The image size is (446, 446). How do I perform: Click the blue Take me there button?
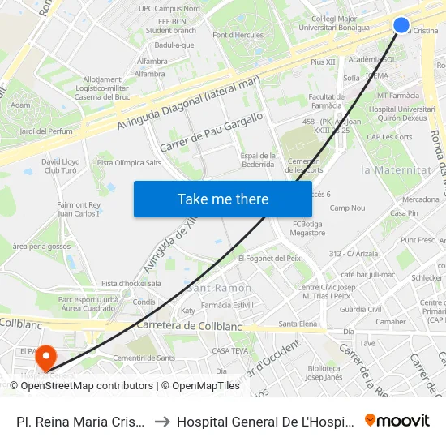tap(223, 199)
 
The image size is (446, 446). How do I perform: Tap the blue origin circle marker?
tap(401, 25)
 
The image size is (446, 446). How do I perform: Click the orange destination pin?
tap(45, 356)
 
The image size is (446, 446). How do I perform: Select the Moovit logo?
tap(397, 421)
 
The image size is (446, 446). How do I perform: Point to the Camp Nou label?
tap(347, 208)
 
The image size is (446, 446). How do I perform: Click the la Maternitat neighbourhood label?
tap(395, 170)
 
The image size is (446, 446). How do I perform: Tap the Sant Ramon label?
tap(219, 289)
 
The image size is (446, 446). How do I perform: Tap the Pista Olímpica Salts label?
tap(129, 163)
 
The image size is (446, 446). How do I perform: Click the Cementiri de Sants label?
tap(144, 358)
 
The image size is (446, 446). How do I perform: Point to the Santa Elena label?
tap(298, 324)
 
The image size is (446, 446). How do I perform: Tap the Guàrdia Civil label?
tap(361, 309)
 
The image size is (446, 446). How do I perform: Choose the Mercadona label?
tap(421, 199)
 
